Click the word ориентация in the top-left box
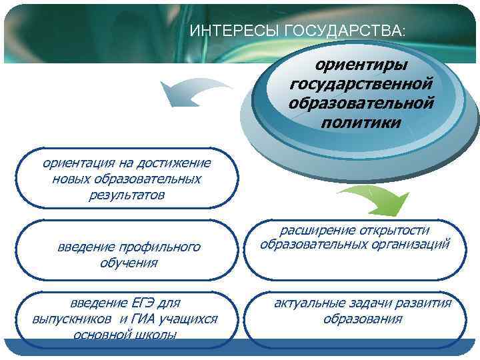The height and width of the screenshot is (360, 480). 73,163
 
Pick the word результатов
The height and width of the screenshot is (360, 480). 127,195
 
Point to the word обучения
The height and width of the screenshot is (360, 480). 129,263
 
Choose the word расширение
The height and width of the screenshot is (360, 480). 311,230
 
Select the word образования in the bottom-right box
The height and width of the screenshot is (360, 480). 363,319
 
